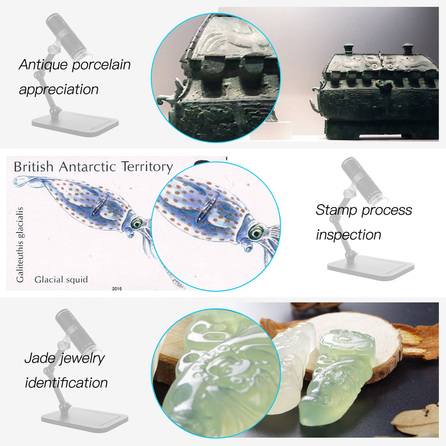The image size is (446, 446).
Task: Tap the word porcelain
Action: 101,65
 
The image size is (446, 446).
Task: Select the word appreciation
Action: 59,90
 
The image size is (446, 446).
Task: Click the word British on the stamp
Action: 33,167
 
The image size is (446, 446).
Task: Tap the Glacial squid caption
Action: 61,280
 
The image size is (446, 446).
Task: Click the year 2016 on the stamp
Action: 117,288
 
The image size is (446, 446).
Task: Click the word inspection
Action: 348,235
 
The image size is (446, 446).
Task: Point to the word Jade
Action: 40,358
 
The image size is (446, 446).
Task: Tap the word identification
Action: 66,382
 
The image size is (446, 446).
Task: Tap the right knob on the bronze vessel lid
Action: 408,48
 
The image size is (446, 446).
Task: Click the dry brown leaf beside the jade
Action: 418,419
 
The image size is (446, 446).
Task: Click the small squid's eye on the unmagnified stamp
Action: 136,223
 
